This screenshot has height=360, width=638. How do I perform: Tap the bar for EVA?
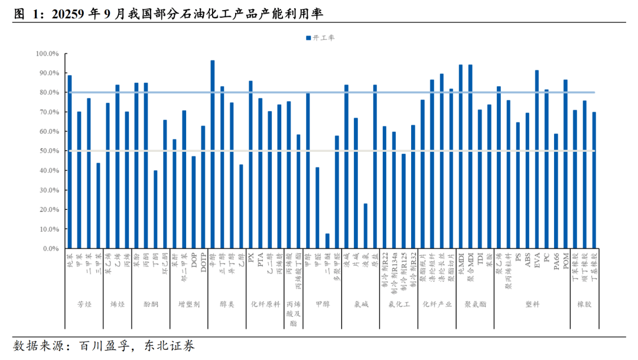pyautogui.click(x=537, y=159)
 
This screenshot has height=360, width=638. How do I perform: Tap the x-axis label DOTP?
pyautogui.click(x=203, y=261)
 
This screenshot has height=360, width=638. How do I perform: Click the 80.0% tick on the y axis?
pyautogui.click(x=48, y=93)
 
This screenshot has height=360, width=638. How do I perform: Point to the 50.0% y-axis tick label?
pyautogui.click(x=48, y=151)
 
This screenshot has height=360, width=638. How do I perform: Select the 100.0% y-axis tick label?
pyautogui.click(x=47, y=54)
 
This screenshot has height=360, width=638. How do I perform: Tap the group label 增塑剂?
pyautogui.click(x=189, y=304)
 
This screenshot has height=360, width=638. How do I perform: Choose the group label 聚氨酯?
pyautogui.click(x=475, y=304)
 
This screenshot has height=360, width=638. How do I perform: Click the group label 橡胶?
pyautogui.click(x=584, y=304)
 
